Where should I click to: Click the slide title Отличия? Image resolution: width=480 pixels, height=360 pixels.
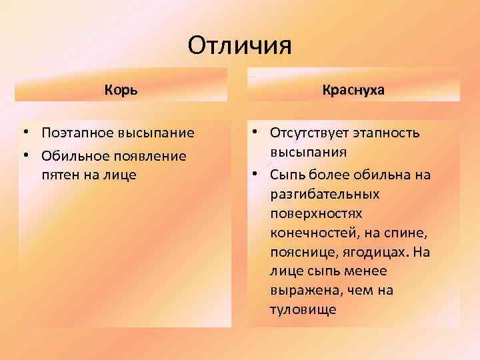[240, 46]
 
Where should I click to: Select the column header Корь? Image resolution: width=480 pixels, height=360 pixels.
[121, 89]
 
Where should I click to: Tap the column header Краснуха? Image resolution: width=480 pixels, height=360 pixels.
[353, 89]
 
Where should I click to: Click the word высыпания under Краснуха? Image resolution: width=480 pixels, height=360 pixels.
[309, 152]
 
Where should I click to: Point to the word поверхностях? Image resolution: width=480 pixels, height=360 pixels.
[316, 214]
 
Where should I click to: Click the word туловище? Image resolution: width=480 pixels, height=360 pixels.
[303, 310]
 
